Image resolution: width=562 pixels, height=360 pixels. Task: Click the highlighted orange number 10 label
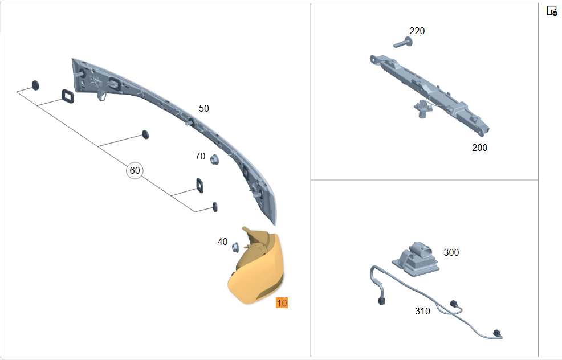tap(282, 303)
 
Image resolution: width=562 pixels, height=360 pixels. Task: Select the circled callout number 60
tap(135, 170)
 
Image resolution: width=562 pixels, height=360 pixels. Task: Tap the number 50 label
tap(204, 108)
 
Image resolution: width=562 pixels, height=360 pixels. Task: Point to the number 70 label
tap(200, 156)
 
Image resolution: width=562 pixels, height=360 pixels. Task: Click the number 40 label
tap(222, 242)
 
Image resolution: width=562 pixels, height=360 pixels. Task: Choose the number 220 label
tap(417, 31)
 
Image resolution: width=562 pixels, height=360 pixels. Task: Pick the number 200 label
tap(479, 148)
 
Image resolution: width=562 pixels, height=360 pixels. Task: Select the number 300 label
tap(451, 252)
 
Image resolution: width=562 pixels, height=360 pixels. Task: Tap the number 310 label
tap(422, 311)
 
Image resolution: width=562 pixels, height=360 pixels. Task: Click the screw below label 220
tap(403, 43)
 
